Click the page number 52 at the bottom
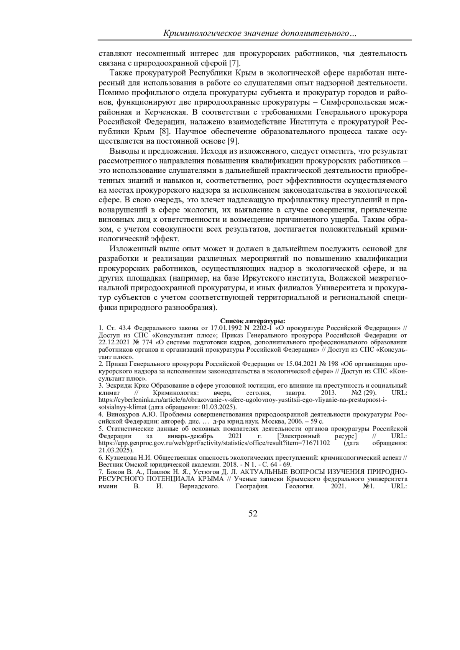[253, 514]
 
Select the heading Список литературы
[253, 321]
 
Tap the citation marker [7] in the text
[234, 63]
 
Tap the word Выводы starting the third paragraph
[122, 150]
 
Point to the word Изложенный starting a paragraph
[131, 249]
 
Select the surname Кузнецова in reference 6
[120, 457]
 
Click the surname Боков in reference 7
[115, 471]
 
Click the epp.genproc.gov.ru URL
[214, 443]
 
